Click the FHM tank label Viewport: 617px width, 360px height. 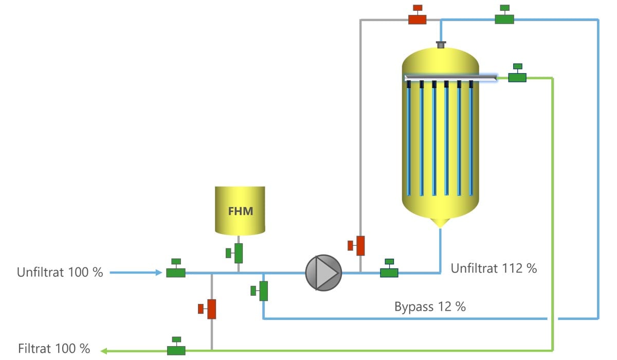point(241,211)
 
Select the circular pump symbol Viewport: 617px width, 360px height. point(323,273)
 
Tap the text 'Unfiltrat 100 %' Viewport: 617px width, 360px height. point(60,272)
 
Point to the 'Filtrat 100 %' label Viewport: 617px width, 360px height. point(54,349)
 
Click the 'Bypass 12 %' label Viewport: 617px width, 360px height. point(430,307)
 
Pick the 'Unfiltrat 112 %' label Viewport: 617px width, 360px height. point(494,268)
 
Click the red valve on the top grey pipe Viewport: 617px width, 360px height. point(418,14)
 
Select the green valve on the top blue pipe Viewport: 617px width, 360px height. point(504,14)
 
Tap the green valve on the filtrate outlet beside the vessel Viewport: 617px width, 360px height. point(517,73)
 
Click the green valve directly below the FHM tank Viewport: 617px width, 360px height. point(234,253)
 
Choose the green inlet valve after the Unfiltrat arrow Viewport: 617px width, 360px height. point(176,268)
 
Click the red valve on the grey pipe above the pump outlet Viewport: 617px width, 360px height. point(356,245)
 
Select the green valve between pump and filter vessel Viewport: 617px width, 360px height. point(389,268)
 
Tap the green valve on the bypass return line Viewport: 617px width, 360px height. point(259,291)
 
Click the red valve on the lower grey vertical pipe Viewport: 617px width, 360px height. point(207,309)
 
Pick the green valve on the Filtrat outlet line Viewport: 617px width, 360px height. point(176,346)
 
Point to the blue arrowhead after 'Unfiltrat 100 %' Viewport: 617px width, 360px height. point(159,273)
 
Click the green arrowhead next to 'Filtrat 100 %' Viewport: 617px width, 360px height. point(103,351)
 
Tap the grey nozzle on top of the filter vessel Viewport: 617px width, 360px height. point(441,45)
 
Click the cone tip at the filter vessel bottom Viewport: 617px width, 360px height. point(441,227)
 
